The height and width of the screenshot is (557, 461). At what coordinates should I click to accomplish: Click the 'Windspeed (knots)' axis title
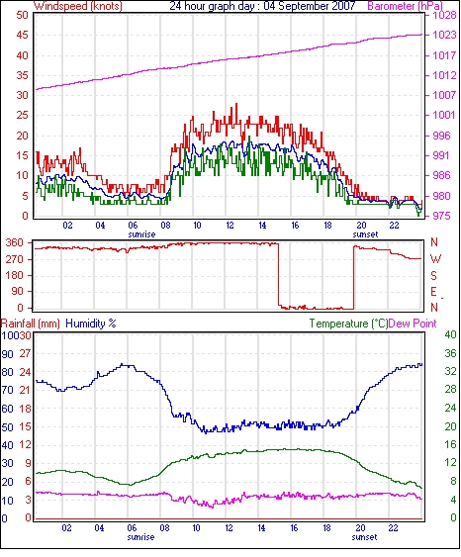click(x=78, y=6)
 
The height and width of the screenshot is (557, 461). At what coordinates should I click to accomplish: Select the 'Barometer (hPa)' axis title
click(x=406, y=6)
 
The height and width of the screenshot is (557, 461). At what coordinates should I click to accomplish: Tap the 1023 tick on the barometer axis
click(x=444, y=35)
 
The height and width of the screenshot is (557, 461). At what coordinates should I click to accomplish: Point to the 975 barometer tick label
click(x=440, y=216)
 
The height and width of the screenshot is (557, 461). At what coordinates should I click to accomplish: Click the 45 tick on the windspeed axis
click(x=22, y=35)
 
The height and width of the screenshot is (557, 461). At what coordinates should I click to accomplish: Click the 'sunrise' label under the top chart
click(x=141, y=234)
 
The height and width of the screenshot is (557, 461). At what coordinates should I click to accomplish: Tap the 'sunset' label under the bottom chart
click(x=364, y=537)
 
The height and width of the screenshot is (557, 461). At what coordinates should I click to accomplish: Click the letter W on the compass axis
click(x=435, y=259)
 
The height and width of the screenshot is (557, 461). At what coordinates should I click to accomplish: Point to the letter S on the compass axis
click(x=433, y=275)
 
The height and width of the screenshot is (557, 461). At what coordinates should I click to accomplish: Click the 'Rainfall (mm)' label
click(x=31, y=324)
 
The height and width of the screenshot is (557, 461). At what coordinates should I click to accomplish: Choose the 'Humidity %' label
click(x=91, y=324)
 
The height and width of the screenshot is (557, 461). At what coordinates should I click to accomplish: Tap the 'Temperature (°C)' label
click(x=348, y=324)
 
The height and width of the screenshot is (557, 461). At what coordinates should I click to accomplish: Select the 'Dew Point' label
click(x=413, y=324)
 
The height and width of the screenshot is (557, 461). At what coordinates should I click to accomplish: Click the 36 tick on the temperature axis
click(x=450, y=353)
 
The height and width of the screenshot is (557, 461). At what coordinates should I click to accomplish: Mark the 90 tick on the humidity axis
click(x=8, y=354)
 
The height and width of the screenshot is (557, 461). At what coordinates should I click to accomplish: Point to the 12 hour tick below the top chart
click(x=230, y=226)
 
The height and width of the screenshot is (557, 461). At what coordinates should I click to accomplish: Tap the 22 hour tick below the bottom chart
click(x=393, y=528)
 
